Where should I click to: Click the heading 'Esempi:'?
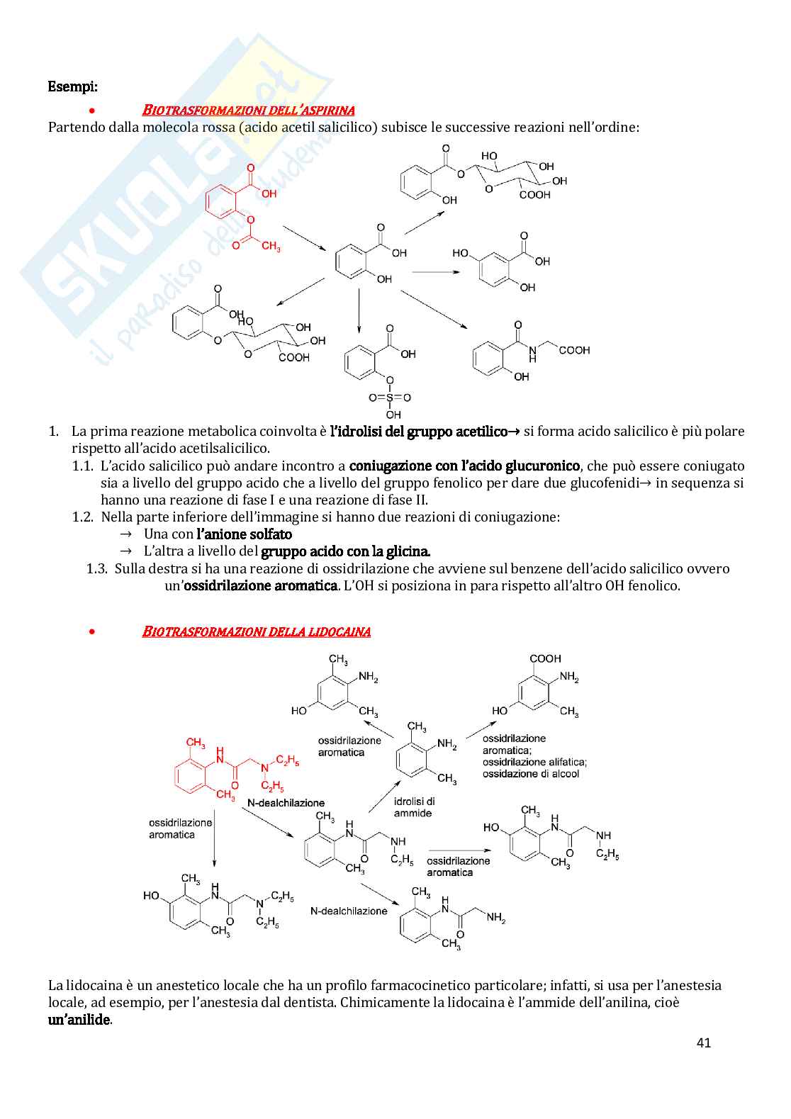pos(72,86)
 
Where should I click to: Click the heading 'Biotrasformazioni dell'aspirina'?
pos(248,110)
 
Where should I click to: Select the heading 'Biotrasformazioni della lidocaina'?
pos(256,631)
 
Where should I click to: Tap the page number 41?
pos(703,1042)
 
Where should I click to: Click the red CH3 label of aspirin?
pos(270,246)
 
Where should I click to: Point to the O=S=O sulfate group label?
pos(390,398)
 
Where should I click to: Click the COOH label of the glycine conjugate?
pos(574,350)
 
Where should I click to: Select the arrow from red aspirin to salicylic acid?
pos(304,238)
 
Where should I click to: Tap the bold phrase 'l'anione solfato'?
pos(244,534)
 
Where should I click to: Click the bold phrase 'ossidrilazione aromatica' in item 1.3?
pos(259,586)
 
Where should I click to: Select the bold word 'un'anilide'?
pos(79,1020)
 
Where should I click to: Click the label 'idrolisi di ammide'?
pos(414,807)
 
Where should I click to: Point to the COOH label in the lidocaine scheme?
pos(545,659)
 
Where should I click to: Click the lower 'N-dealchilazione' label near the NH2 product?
pos(349,911)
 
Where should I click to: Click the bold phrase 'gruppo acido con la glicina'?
pos(345,551)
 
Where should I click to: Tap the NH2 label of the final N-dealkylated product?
pos(495,918)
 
